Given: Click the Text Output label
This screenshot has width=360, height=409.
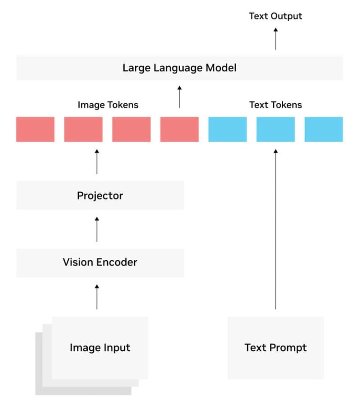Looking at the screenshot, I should tap(275, 16).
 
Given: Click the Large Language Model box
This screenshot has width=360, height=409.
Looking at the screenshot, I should tap(180, 68).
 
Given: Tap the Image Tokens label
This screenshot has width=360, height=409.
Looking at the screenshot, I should tap(108, 105).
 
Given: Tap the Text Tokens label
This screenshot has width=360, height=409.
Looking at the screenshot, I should tap(275, 105).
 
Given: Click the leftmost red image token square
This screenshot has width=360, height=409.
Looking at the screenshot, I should tap(35, 129).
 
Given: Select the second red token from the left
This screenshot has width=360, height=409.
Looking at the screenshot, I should tap(83, 129).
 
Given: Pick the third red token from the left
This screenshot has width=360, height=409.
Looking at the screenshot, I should tap(131, 129).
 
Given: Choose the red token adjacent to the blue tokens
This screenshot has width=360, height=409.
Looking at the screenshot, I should tap(180, 129).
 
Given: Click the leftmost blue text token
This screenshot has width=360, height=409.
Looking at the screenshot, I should tap(227, 129).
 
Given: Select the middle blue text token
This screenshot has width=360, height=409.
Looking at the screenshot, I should tap(276, 129).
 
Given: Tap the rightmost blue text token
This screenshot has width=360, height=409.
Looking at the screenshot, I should tap(323, 129).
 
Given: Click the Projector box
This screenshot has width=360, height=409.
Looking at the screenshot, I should tap(100, 196).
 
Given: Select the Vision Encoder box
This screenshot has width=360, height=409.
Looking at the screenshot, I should tap(100, 262).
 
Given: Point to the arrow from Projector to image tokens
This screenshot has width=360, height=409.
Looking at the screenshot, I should tap(97, 162).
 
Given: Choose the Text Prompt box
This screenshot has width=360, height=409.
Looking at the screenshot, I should tap(276, 348).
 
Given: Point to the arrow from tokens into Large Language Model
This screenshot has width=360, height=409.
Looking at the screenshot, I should tap(180, 97).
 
